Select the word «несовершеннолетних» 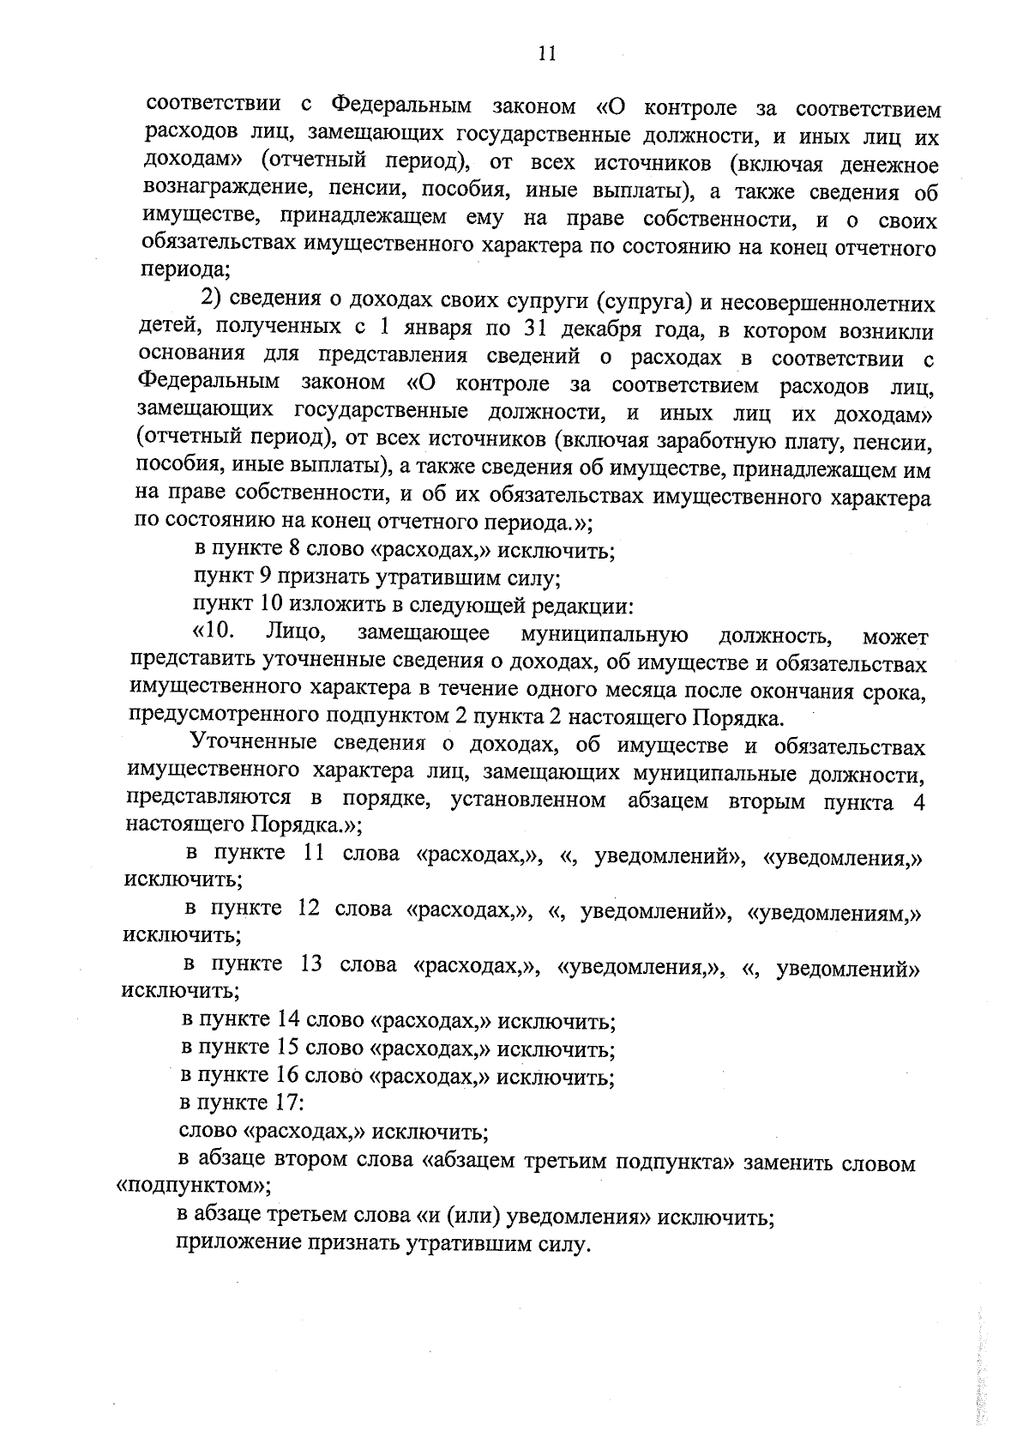827,304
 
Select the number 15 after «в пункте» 286,1048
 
